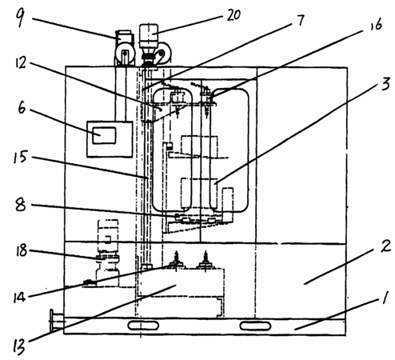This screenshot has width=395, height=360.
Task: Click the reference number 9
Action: pos(20,16)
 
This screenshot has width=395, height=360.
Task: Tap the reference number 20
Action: pos(233,15)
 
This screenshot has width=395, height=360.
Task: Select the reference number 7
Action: pos(301,20)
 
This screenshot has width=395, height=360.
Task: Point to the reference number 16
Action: pos(377,25)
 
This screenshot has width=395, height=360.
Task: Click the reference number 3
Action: pos(385,85)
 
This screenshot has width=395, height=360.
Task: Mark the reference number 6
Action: pos(22,109)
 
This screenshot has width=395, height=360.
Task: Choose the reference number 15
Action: pos(20,157)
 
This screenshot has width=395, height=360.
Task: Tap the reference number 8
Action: pos(21,206)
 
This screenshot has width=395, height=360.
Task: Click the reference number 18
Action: pos(22,251)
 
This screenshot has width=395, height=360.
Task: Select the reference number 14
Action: pos(19,298)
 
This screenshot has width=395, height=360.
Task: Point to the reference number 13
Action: pos(18,346)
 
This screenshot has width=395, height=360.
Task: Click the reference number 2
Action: pos(385,246)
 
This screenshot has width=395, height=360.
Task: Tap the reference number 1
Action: pos(384,298)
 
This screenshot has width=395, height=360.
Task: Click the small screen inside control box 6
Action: pos(104,135)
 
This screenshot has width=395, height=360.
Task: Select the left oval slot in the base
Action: pos(143,326)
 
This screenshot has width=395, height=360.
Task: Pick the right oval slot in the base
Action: pos(255,326)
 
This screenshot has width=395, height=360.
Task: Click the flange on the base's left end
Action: pos(54,321)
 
